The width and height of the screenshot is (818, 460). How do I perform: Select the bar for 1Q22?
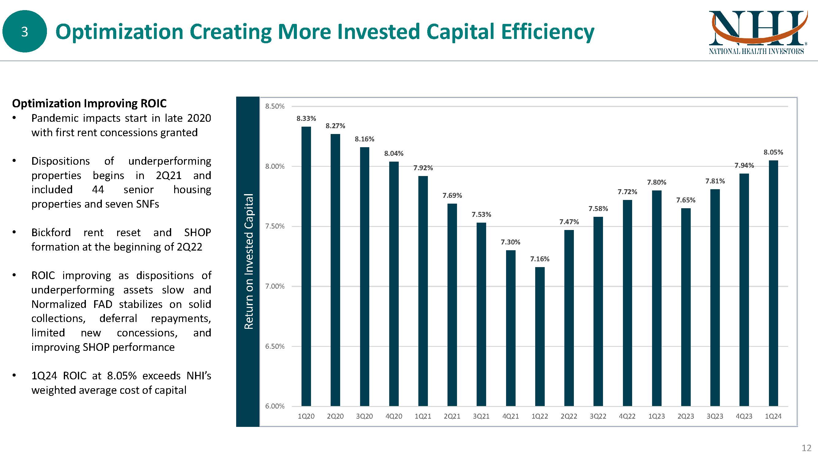tap(540, 336)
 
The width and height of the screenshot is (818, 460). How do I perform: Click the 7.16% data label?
tap(540, 259)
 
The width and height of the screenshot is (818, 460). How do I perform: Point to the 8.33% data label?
tap(306, 119)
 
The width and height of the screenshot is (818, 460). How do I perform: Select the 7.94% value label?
tap(744, 165)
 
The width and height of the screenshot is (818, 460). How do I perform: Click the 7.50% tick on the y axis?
tap(275, 226)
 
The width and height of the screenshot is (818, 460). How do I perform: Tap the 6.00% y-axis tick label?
tap(275, 406)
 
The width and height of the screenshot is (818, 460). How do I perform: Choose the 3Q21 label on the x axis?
tap(481, 416)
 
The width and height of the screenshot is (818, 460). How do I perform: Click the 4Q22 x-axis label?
tap(627, 416)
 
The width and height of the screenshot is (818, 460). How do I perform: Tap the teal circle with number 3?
tap(25, 31)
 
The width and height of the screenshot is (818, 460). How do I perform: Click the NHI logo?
tap(757, 32)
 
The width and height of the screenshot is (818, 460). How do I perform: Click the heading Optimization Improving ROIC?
tap(89, 103)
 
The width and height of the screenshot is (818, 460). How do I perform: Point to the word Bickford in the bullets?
tap(51, 232)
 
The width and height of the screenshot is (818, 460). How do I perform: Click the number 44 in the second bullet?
tap(98, 190)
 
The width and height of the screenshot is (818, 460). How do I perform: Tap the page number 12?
tap(806, 448)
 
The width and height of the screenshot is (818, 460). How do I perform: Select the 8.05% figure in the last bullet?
tap(122, 376)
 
